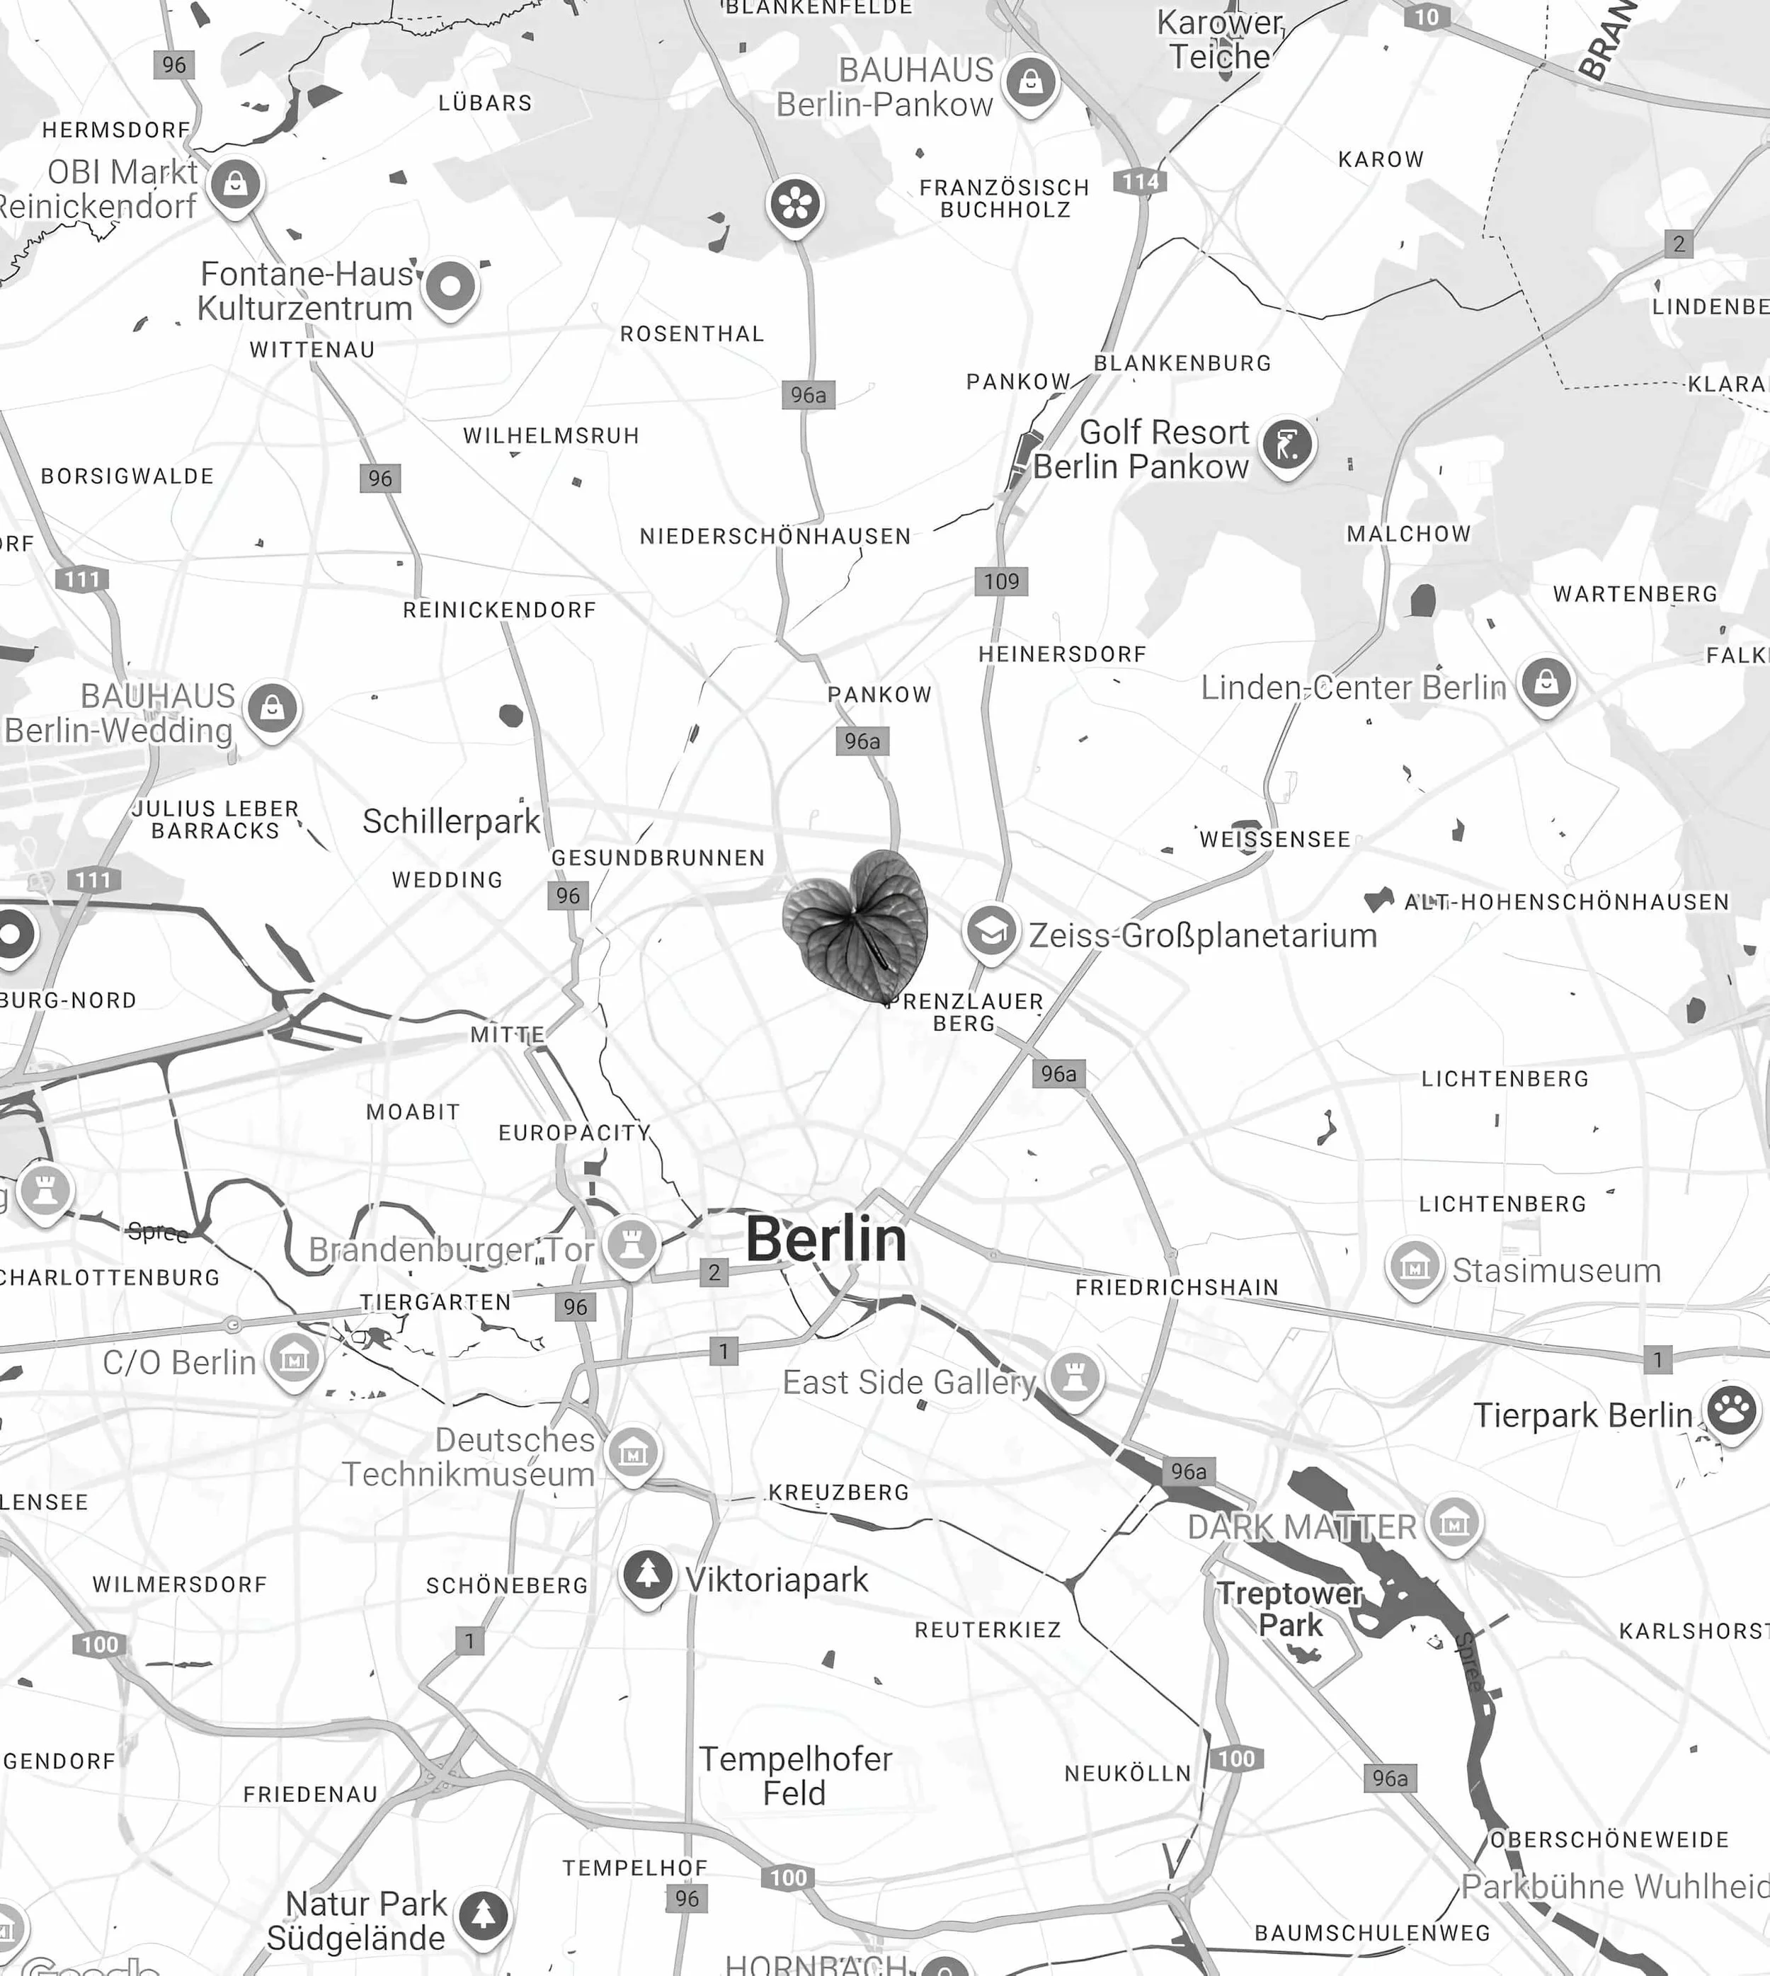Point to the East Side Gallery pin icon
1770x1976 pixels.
tap(1075, 1377)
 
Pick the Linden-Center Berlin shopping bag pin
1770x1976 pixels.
tap(1546, 683)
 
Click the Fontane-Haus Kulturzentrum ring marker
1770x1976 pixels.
tap(450, 287)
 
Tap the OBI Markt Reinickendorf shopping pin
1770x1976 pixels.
tap(235, 183)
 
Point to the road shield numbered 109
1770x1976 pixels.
tap(1000, 581)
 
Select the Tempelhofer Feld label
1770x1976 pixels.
tap(796, 1776)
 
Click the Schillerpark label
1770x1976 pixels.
tap(451, 822)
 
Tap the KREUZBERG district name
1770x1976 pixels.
tap(838, 1492)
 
